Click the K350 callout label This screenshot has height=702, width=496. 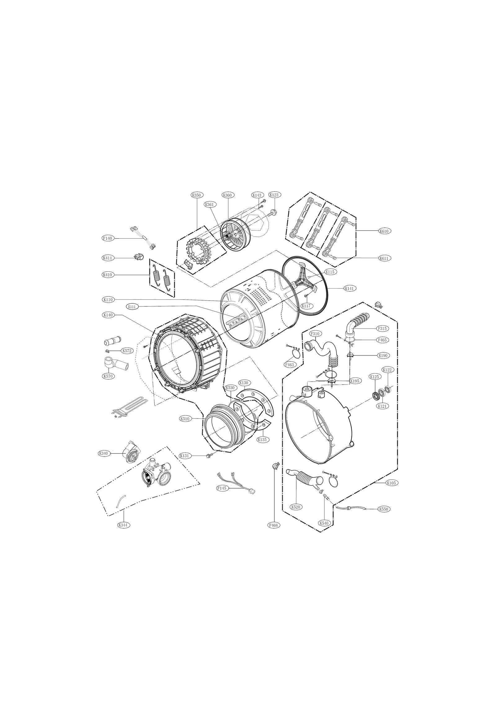[x=196, y=195]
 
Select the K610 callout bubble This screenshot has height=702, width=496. [x=383, y=231]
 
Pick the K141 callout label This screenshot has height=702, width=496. [x=349, y=288]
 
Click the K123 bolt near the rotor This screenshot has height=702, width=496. [x=273, y=212]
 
